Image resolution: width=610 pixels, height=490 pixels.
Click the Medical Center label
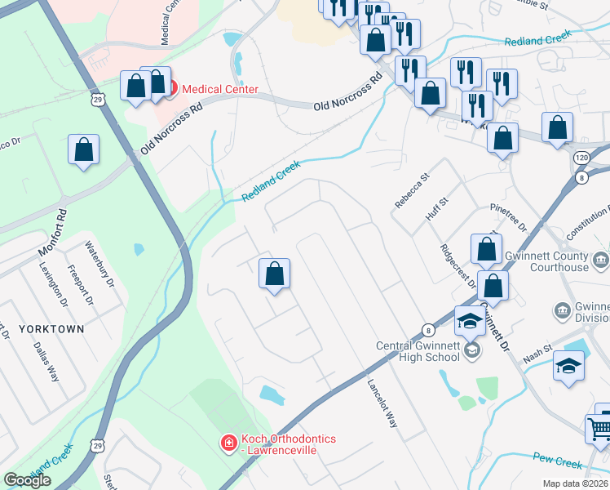(x=219, y=89)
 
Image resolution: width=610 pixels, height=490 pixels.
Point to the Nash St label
(x=537, y=354)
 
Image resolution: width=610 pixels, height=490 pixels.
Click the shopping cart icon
(x=599, y=427)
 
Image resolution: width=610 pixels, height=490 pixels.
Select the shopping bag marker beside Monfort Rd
(x=83, y=149)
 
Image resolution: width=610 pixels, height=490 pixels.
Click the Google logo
(x=27, y=480)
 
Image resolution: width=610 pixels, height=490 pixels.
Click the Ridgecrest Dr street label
(x=458, y=268)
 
